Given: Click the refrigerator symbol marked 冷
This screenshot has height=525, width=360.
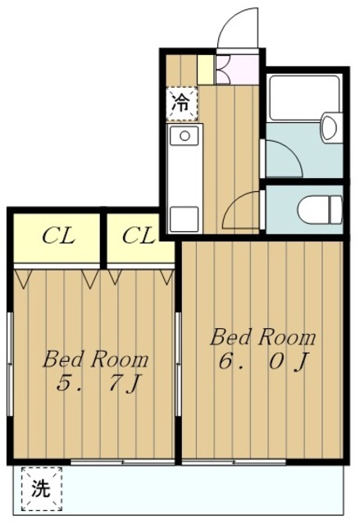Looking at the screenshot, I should tap(180, 103).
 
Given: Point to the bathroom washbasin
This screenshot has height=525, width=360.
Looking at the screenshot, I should tap(330, 128).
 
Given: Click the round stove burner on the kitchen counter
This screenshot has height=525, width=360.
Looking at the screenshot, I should tap(185, 135).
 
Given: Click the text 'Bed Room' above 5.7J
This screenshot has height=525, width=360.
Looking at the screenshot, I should tap(96, 358).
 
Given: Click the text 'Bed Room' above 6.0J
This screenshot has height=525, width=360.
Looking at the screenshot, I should tap(262, 337).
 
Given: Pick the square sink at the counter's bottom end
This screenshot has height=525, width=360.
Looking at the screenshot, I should tap(185, 219).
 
